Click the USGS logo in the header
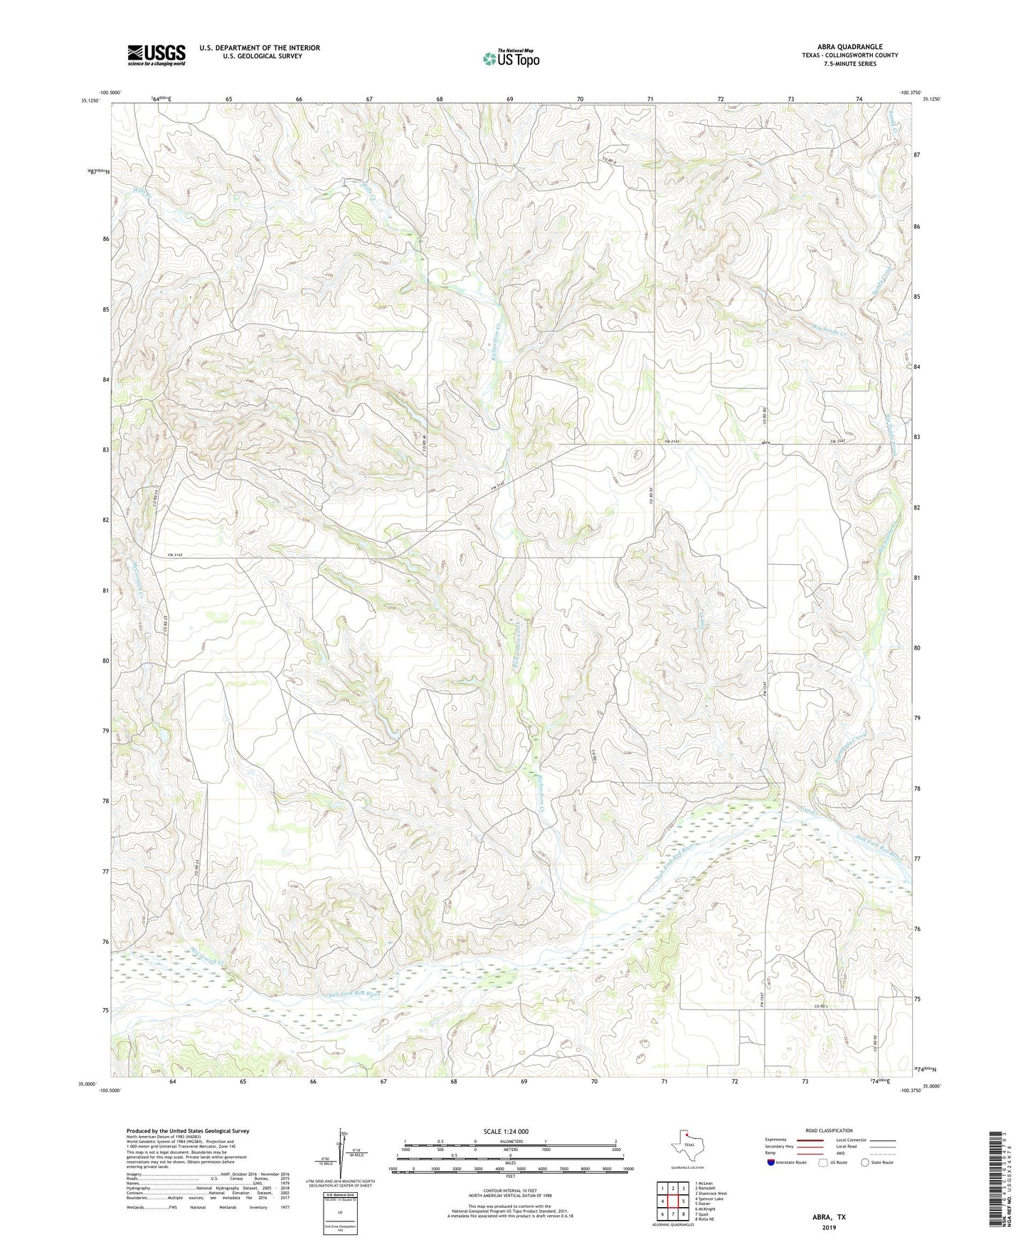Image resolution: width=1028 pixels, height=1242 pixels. pyautogui.click(x=157, y=55)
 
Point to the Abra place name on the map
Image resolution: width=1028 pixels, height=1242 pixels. pyautogui.click(x=766, y=442)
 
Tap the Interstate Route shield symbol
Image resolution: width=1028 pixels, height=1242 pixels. pyautogui.click(x=771, y=1162)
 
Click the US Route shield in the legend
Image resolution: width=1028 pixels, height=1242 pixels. pyautogui.click(x=824, y=1162)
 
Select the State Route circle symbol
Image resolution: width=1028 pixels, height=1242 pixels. pyautogui.click(x=864, y=1162)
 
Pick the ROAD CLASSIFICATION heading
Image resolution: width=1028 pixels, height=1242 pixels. pyautogui.click(x=828, y=1130)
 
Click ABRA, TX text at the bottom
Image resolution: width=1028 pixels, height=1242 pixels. pyautogui.click(x=829, y=1217)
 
